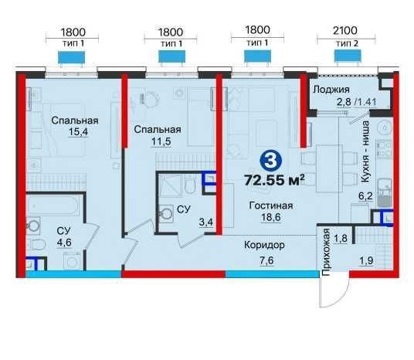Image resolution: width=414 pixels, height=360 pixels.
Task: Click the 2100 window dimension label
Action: pyautogui.click(x=345, y=31)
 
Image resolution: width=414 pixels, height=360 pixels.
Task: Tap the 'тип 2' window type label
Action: pyautogui.click(x=348, y=43)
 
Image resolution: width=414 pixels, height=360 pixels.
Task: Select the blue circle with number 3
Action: pyautogui.click(x=270, y=161)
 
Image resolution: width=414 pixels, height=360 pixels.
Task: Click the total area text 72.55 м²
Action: pyautogui.click(x=275, y=180)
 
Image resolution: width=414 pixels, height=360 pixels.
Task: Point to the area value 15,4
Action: pyautogui.click(x=78, y=131)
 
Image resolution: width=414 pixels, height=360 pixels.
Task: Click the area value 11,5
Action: pyautogui.click(x=161, y=141)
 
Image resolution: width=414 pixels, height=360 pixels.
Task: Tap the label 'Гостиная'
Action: pyautogui.click(x=271, y=205)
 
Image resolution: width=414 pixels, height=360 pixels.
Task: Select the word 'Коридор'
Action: pyautogui.click(x=264, y=246)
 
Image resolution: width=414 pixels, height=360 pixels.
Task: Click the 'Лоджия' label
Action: pyautogui.click(x=331, y=90)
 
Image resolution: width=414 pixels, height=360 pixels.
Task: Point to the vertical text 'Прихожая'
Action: pyautogui.click(x=327, y=253)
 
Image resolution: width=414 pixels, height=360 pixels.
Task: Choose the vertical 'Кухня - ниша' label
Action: pyautogui.click(x=365, y=151)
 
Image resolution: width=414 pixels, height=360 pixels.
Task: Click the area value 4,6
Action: pyautogui.click(x=64, y=243)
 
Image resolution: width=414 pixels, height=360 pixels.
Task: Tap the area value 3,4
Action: pyautogui.click(x=206, y=222)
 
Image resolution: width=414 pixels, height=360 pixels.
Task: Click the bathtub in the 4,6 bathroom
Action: pyautogui.click(x=53, y=205)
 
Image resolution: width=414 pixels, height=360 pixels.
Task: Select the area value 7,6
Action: pyautogui.click(x=266, y=260)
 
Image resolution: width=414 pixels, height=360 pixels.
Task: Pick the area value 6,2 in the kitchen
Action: pyautogui.click(x=365, y=196)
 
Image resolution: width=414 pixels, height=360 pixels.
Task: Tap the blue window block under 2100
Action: pyautogui.click(x=348, y=56)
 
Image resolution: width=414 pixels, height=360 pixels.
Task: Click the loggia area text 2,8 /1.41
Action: pyautogui.click(x=357, y=102)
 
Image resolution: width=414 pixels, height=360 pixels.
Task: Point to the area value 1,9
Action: pyautogui.click(x=366, y=261)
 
